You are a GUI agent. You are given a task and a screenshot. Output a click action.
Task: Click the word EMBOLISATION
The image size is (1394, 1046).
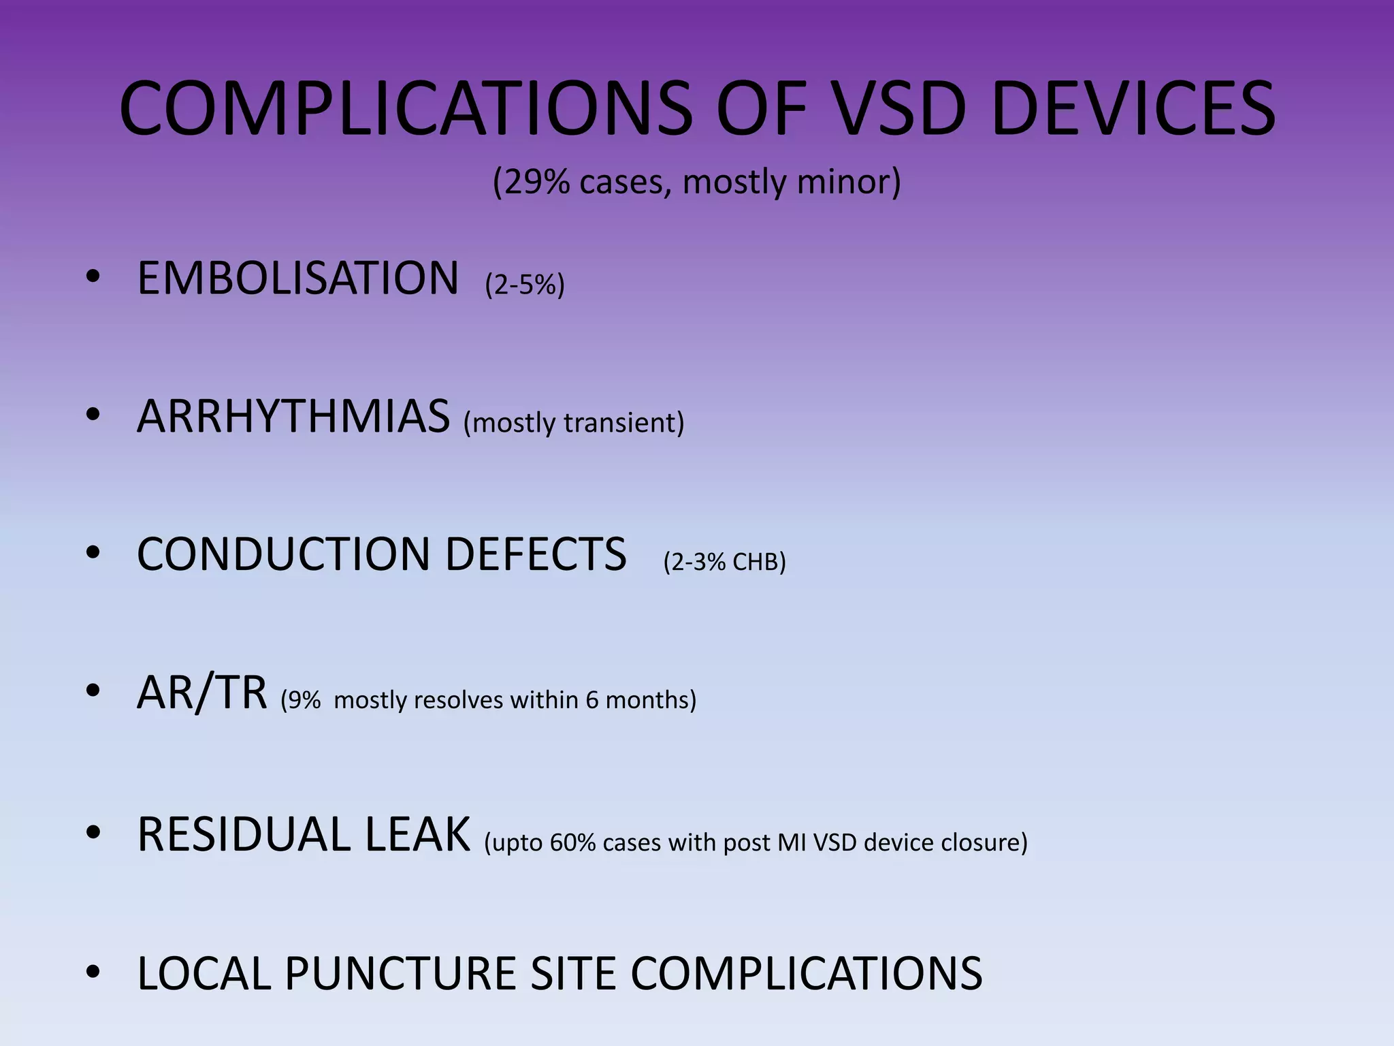point(297,279)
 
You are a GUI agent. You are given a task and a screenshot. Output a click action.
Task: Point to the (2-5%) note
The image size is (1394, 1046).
point(525,284)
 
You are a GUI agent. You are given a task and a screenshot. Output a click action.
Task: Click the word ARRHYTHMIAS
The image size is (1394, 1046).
point(293,416)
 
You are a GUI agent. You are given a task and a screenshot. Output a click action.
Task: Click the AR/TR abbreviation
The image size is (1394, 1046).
point(201,693)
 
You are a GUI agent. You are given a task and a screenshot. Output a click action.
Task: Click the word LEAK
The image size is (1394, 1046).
point(417,834)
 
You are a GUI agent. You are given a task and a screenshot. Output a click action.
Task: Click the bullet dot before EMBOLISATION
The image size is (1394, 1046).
point(93,277)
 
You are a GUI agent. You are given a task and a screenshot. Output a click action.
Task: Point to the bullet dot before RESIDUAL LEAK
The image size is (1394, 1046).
point(93,833)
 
